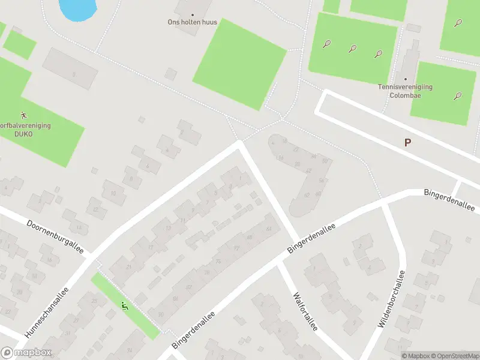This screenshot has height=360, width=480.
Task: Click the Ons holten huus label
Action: [x=193, y=22]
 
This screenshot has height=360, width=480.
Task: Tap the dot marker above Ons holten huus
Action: [x=193, y=14]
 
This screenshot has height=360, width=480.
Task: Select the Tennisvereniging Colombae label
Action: [x=405, y=91]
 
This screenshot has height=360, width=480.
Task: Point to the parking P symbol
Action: [x=408, y=142]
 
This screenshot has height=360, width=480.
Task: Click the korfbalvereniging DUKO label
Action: [x=24, y=130]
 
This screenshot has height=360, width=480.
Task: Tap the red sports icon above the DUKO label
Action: [x=23, y=114]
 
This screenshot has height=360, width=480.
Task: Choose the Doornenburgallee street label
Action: [x=55, y=236]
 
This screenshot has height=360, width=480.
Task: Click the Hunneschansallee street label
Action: [x=47, y=310]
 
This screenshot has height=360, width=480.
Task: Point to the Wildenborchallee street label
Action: [x=392, y=298]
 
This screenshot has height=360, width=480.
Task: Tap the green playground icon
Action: [x=125, y=307]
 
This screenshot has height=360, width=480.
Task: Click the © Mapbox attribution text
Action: [x=416, y=356]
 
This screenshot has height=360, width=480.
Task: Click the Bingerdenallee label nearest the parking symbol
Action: [x=449, y=200]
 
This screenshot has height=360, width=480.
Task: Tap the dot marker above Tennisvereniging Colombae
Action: [x=406, y=79]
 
